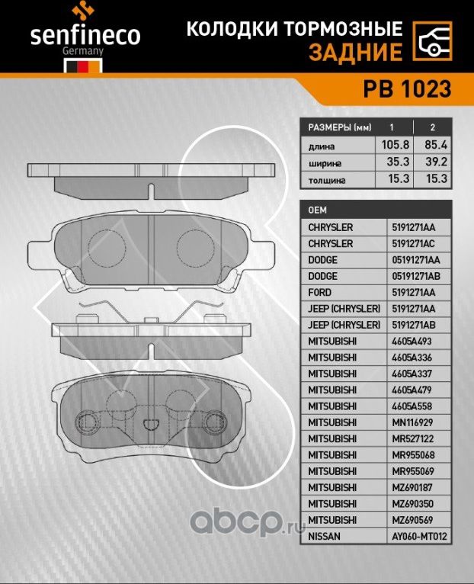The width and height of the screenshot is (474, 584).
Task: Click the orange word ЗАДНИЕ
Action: tap(356, 53)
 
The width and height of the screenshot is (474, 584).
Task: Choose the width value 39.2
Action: tap(434, 162)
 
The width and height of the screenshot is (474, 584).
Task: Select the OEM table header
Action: tap(318, 210)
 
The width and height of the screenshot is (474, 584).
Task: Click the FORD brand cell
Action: tap(319, 293)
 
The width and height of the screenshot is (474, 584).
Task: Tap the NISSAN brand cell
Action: tap(325, 537)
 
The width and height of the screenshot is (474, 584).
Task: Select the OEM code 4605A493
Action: tap(415, 342)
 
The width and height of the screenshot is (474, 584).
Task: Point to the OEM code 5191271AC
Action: tap(418, 244)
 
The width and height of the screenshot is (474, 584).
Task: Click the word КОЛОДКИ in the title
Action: tap(223, 30)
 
